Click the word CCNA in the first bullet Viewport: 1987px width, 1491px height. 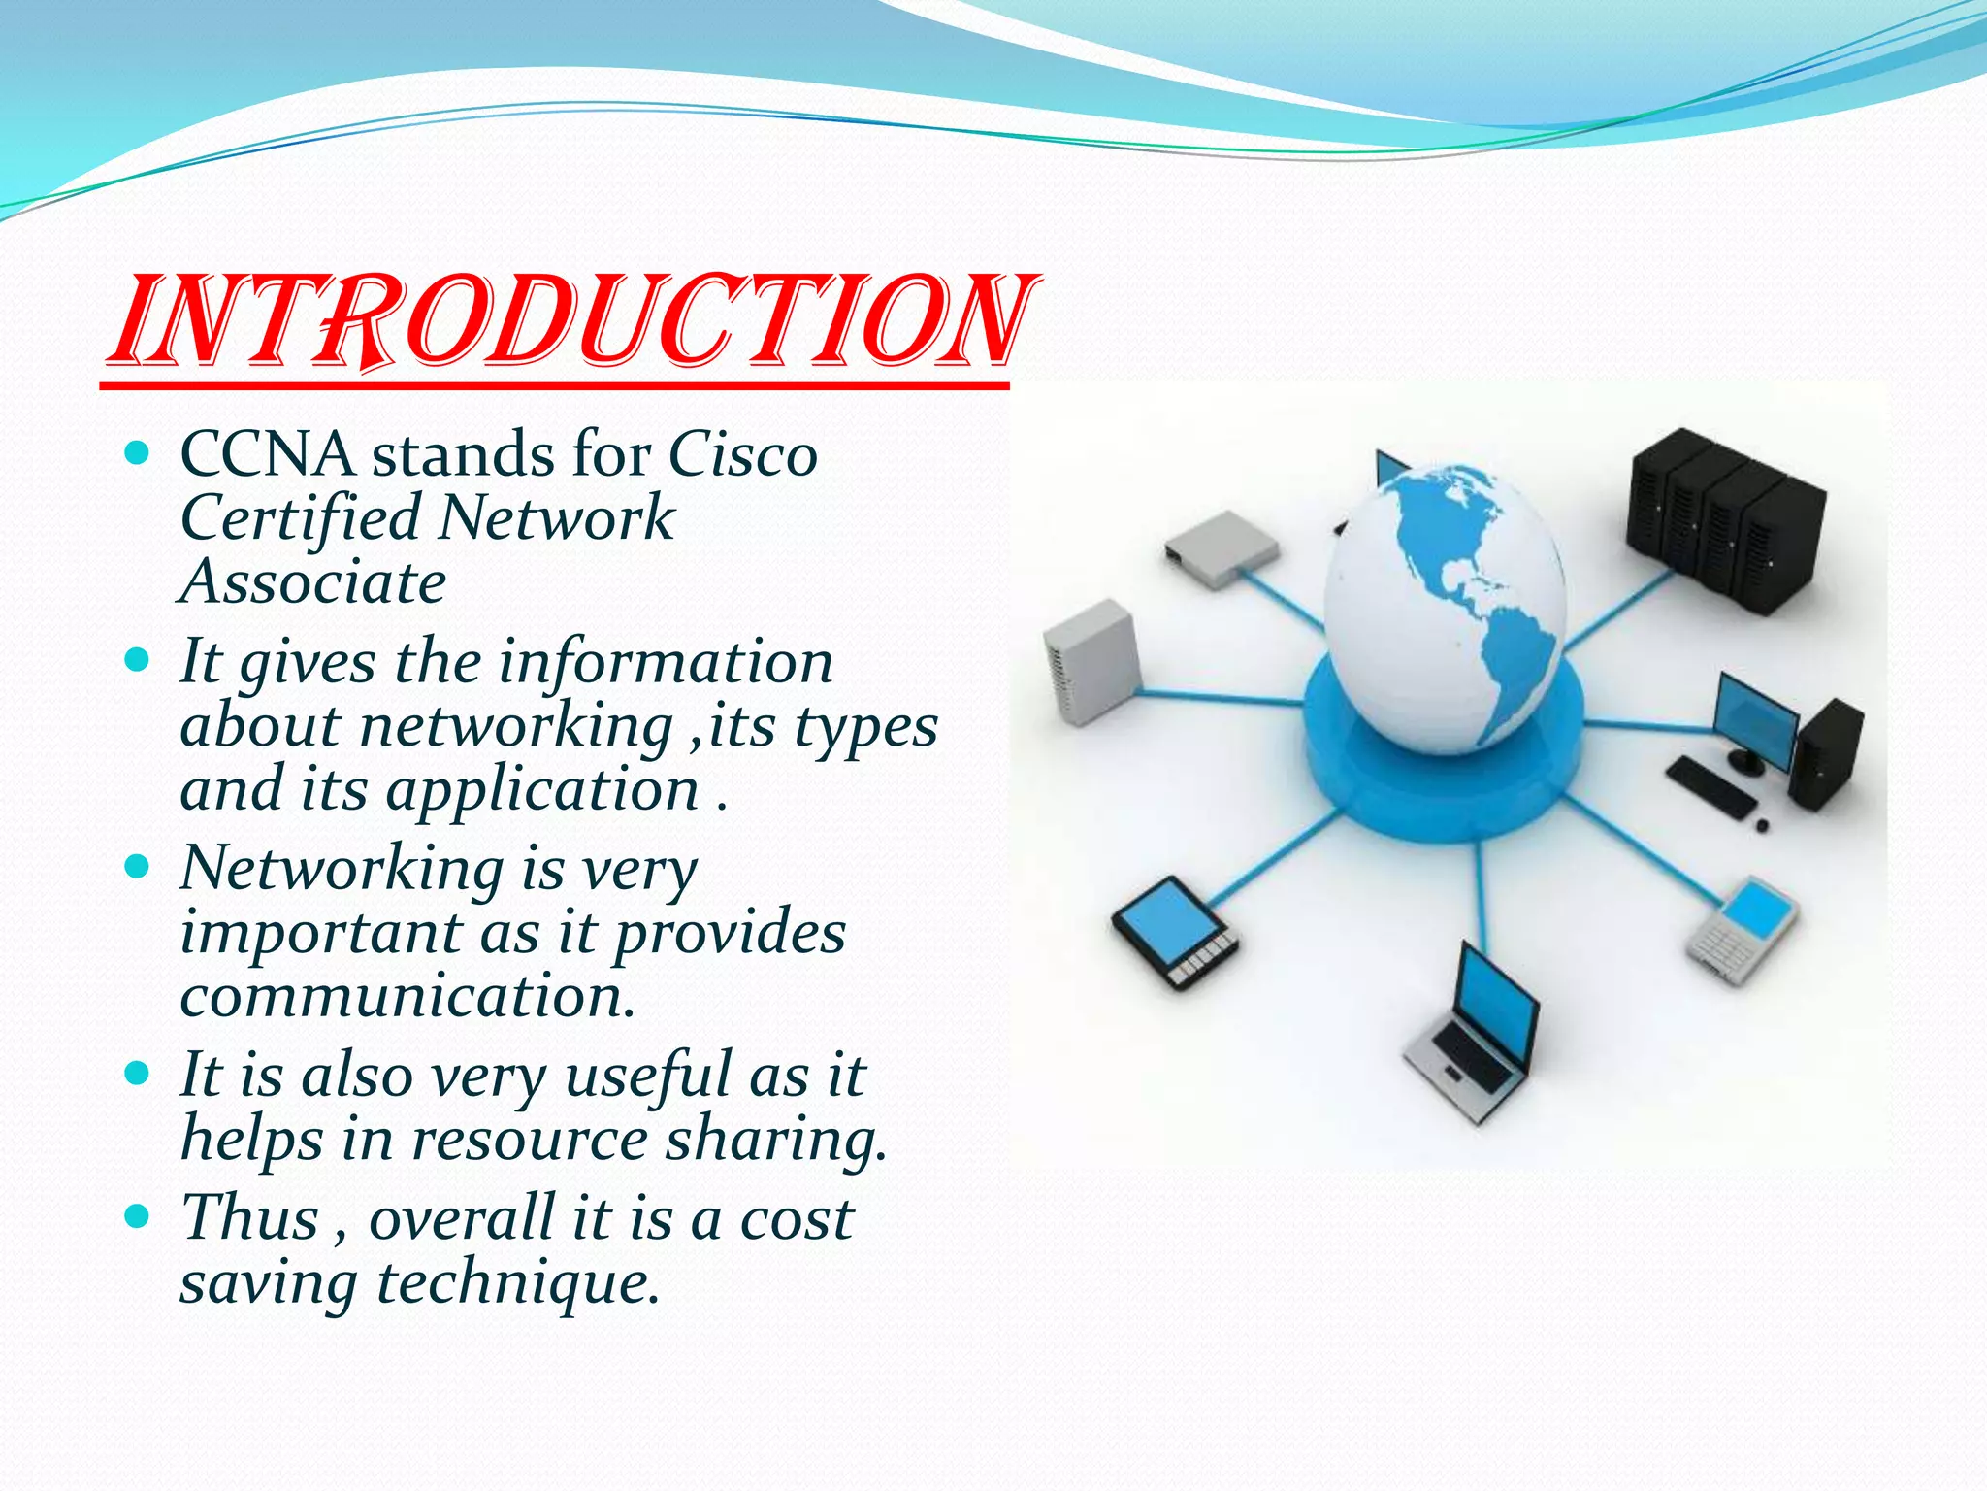(267, 454)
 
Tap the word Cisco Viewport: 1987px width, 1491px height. (743, 454)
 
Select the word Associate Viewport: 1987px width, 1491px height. (313, 582)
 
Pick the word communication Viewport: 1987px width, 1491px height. (407, 996)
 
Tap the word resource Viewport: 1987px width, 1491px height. (530, 1139)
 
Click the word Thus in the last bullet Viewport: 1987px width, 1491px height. (250, 1217)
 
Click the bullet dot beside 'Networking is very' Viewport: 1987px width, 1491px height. (138, 866)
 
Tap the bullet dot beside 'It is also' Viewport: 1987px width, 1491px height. (138, 1073)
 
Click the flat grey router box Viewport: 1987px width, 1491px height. (1221, 548)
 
